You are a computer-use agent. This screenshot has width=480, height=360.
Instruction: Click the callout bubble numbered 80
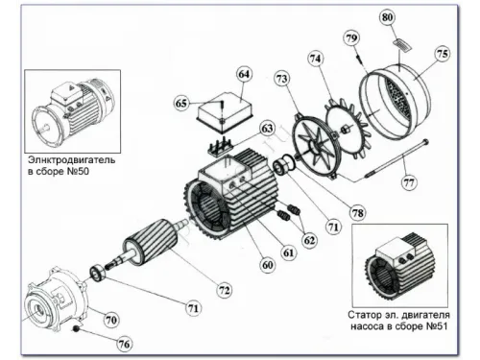pos(387,17)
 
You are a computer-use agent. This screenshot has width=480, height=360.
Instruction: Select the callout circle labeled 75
pos(443,54)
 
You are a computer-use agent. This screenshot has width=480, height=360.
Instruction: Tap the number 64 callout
pos(244,74)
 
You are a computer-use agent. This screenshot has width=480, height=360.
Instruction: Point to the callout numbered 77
pos(409,183)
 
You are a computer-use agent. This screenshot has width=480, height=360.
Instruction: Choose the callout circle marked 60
pos(268,265)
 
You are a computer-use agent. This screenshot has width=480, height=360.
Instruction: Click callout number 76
pos(124,345)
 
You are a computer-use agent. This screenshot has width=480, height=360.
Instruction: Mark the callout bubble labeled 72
pos(225,290)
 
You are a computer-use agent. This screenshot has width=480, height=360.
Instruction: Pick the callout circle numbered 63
pos(267,129)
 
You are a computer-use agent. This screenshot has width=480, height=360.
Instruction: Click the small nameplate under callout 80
pos(402,44)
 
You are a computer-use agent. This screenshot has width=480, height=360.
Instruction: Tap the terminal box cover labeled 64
pos(226,111)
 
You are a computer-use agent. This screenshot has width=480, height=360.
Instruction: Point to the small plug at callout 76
pos(76,328)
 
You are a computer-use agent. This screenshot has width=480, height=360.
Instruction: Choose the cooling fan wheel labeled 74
pos(348,129)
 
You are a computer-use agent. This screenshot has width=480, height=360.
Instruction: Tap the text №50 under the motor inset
pos(78,172)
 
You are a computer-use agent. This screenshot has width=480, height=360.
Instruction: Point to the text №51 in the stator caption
pos(437,326)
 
